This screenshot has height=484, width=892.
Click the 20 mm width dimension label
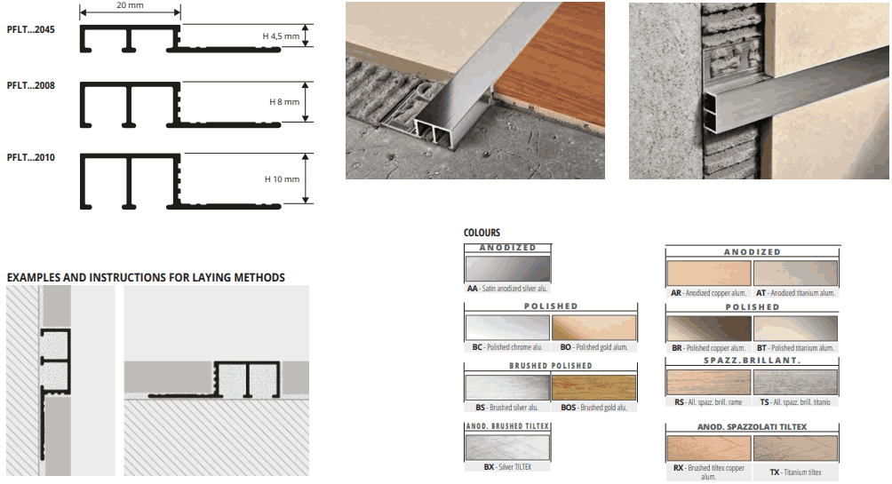(130, 5)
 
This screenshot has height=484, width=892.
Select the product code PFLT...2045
(31, 29)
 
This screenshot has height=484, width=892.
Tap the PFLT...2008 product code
(31, 85)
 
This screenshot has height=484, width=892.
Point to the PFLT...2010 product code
(31, 157)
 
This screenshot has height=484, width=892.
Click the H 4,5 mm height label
(281, 36)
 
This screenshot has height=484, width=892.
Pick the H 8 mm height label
(284, 102)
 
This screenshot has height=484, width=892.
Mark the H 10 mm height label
(282, 179)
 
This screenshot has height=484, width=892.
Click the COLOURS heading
(482, 233)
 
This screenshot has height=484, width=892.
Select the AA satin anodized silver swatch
(507, 268)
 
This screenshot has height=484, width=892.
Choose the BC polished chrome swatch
(507, 328)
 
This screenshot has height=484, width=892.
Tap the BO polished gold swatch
(593, 328)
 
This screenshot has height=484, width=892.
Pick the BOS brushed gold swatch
(593, 388)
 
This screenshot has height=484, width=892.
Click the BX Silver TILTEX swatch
(507, 447)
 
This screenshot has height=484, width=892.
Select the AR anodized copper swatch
(709, 274)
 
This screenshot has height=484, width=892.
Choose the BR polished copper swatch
(709, 329)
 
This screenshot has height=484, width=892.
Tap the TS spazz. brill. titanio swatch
(795, 382)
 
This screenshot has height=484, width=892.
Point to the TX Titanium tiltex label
(795, 472)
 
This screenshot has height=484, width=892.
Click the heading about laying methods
(146, 278)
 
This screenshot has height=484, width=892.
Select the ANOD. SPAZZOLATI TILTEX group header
(752, 426)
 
